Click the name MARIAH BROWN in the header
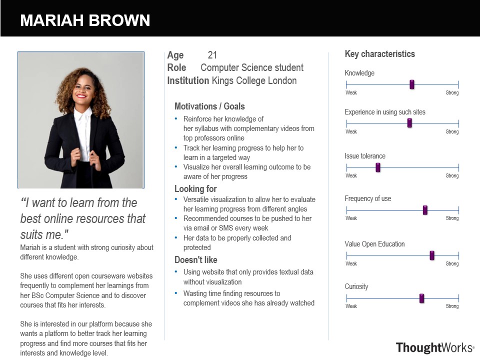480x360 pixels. [85, 20]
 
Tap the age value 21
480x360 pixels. [212, 55]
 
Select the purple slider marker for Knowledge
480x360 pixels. [411, 84]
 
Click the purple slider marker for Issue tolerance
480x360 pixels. [378, 167]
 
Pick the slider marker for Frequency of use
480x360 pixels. [425, 210]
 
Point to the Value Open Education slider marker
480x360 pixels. [432, 255]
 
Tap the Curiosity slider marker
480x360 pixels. [421, 298]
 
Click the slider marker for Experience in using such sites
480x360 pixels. [409, 123]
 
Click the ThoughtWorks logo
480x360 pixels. [435, 348]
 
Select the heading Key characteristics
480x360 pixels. [380, 54]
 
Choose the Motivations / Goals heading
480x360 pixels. [209, 106]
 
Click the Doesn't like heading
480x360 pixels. [196, 260]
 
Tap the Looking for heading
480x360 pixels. [195, 189]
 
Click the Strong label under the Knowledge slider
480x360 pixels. [452, 93]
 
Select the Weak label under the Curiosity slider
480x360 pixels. [351, 306]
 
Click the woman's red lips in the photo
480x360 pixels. [81, 96]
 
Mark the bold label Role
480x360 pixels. [176, 67]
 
